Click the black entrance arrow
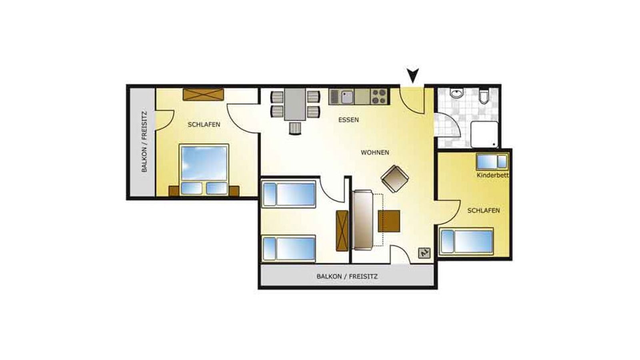coord(413,76)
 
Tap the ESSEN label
coord(348,120)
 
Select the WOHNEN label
coord(375,152)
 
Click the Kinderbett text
coord(492,176)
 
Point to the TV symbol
coord(424,252)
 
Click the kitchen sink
coord(347,97)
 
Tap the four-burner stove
coord(380,96)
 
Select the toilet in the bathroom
coord(484,96)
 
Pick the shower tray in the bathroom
coord(484,134)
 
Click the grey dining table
coord(295,104)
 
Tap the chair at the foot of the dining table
coord(295,128)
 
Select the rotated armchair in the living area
coord(395,179)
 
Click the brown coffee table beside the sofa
coord(389,221)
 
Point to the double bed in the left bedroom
coord(204,170)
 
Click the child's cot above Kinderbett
coord(492,162)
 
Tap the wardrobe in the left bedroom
coord(203,94)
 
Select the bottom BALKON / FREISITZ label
coord(347,276)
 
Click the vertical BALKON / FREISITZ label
coord(144,142)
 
